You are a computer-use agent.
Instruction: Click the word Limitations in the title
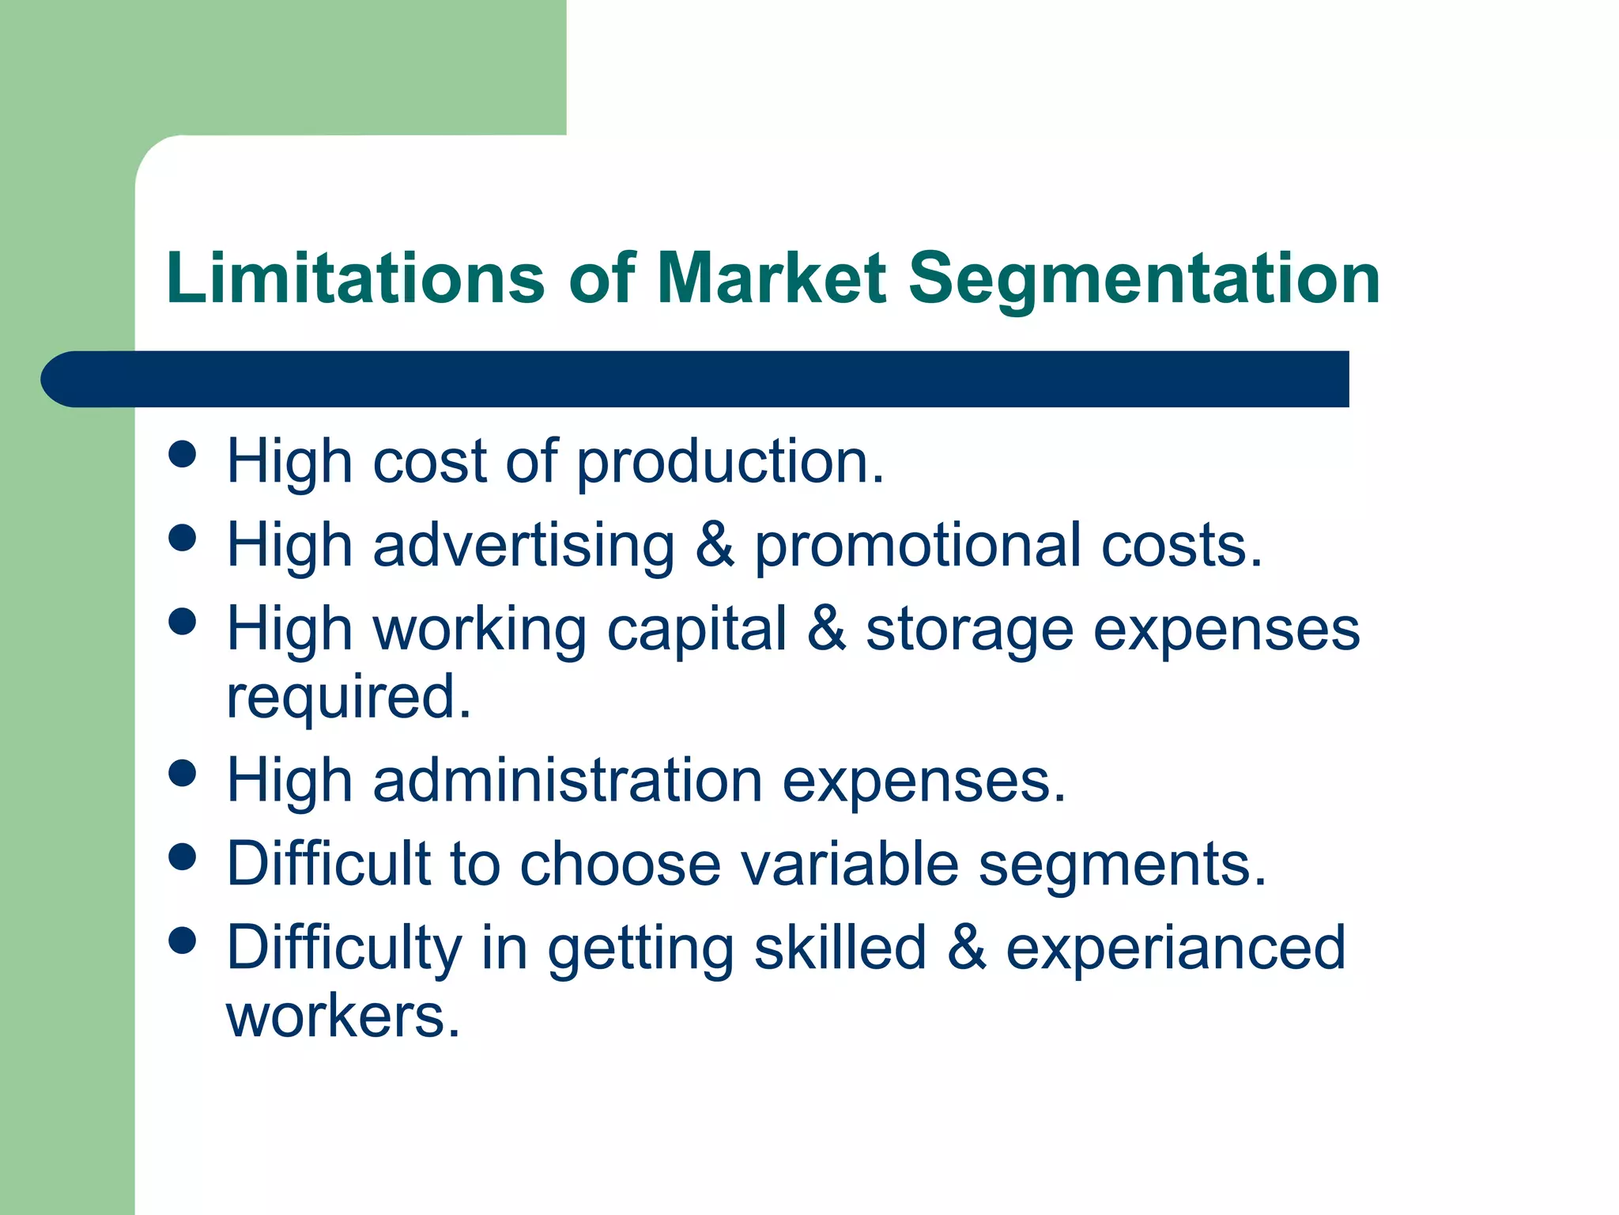pyautogui.click(x=355, y=278)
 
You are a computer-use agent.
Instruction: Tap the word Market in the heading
pyautogui.click(x=772, y=278)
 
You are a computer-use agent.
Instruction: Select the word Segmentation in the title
pyautogui.click(x=1144, y=279)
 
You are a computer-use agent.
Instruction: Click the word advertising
pyautogui.click(x=523, y=546)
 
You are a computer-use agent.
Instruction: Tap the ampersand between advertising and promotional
pyautogui.click(x=715, y=545)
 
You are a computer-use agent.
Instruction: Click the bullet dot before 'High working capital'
pyautogui.click(x=183, y=621)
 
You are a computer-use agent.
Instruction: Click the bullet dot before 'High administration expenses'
pyautogui.click(x=183, y=773)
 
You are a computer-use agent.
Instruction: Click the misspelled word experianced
pyautogui.click(x=1176, y=948)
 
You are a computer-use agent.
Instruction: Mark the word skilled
pyautogui.click(x=840, y=948)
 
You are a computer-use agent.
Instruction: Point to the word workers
pyautogui.click(x=343, y=1016)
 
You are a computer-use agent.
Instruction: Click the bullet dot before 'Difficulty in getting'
pyautogui.click(x=183, y=940)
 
